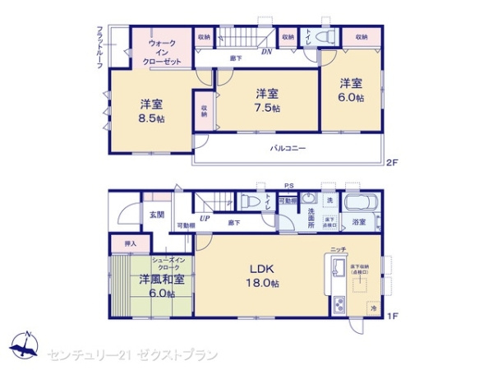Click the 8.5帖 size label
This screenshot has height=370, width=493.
(x=150, y=119)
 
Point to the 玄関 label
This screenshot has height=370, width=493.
(x=156, y=215)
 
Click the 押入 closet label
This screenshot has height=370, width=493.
(x=130, y=244)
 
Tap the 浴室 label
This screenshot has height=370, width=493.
(x=359, y=222)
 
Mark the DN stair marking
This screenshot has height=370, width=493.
(x=266, y=52)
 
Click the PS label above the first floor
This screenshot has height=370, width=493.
(x=288, y=185)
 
